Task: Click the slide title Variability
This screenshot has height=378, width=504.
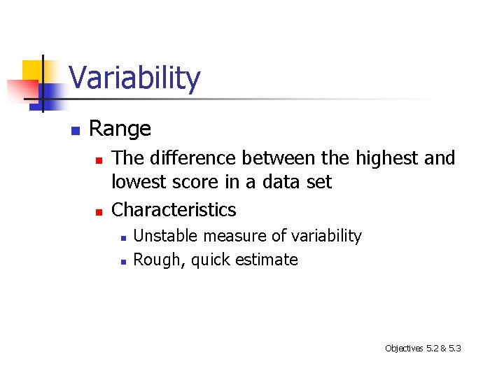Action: pyautogui.click(x=134, y=78)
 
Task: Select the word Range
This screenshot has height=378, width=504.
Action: pyautogui.click(x=120, y=129)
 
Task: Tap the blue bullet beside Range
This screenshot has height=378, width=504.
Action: pyautogui.click(x=75, y=130)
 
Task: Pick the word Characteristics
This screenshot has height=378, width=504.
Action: pyautogui.click(x=174, y=209)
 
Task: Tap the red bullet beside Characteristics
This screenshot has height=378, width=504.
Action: pyautogui.click(x=99, y=211)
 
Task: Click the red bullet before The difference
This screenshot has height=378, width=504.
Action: pyautogui.click(x=99, y=160)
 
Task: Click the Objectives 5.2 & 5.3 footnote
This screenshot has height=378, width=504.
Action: pyautogui.click(x=422, y=348)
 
